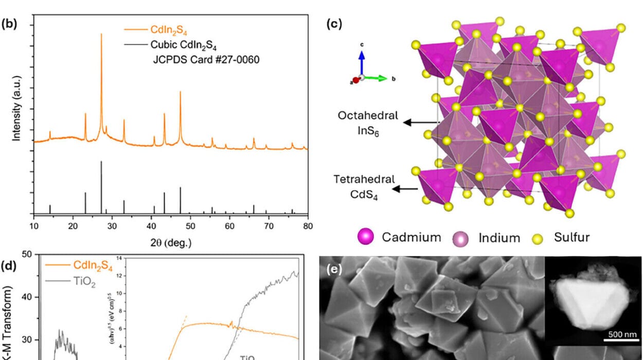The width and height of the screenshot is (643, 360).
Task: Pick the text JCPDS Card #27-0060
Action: (206, 59)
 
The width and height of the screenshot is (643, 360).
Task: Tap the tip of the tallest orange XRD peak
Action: (101, 34)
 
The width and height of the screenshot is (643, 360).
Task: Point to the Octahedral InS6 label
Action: (367, 122)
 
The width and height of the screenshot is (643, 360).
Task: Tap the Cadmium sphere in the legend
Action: (367, 237)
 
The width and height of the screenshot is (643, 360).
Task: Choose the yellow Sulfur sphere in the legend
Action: (538, 238)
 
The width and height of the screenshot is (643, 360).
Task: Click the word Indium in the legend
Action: (499, 238)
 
